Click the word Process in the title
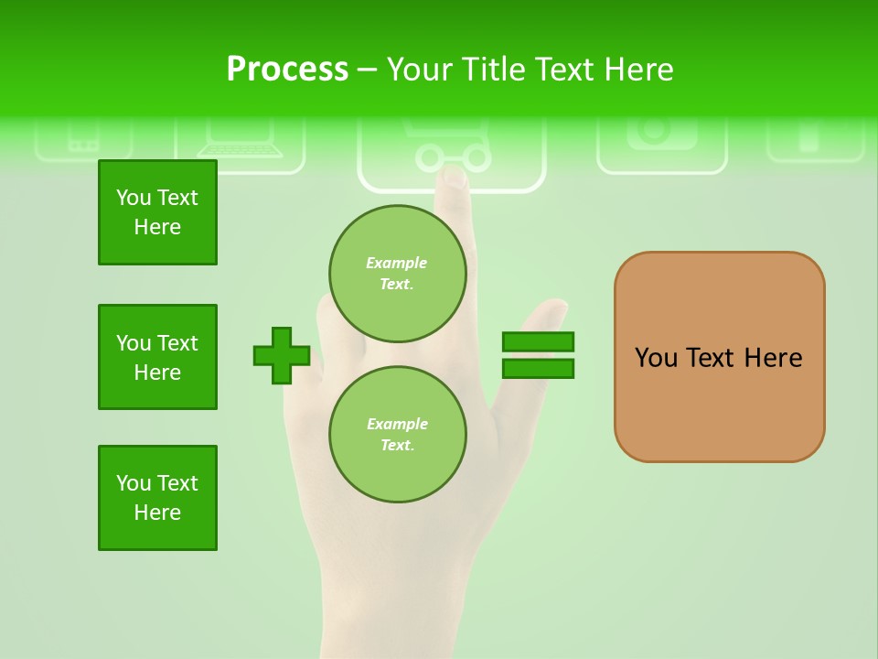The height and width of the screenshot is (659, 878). click(287, 70)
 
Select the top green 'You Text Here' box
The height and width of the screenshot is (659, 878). click(157, 212)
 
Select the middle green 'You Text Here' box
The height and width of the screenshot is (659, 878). click(157, 357)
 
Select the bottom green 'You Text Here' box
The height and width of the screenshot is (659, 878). click(157, 498)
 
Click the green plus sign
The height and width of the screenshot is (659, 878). click(282, 355)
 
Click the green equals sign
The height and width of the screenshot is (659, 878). click(538, 355)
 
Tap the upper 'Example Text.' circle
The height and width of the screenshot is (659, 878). click(398, 273)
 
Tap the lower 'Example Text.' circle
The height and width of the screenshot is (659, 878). click(398, 434)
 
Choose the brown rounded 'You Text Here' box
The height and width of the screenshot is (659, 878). click(719, 357)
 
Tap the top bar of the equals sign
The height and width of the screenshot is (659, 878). click(538, 341)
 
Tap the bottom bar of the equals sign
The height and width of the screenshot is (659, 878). click(538, 369)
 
